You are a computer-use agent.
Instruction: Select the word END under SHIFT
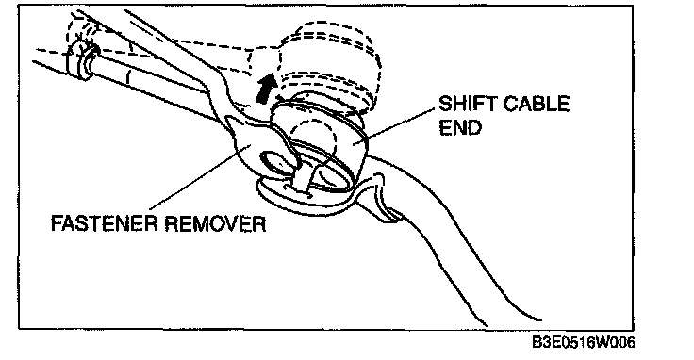click(x=460, y=127)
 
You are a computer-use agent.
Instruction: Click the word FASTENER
click(x=104, y=223)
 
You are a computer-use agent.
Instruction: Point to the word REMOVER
click(x=216, y=223)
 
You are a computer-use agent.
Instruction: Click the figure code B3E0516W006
click(x=584, y=342)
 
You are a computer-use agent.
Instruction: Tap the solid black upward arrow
click(x=266, y=89)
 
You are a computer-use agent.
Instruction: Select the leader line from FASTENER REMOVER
click(x=200, y=177)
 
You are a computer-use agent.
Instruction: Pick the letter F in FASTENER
click(x=57, y=223)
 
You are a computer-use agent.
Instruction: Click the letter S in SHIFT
click(x=445, y=105)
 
